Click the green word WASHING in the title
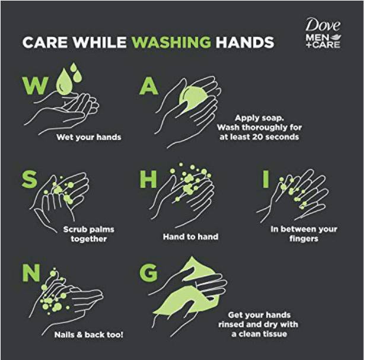tap(171, 42)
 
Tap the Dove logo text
tap(323, 25)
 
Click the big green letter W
tap(36, 85)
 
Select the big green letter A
tap(149, 86)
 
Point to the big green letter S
tap(30, 179)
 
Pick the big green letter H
tap(148, 179)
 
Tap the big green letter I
tap(266, 179)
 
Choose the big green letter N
tap(31, 272)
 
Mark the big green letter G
tap(148, 272)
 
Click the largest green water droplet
tap(64, 82)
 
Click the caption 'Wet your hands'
tap(89, 137)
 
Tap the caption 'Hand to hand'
tap(190, 237)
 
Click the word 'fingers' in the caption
tap(304, 239)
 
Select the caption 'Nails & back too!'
tap(89, 335)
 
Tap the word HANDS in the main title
tap(244, 42)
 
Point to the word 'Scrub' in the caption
tap(75, 230)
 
